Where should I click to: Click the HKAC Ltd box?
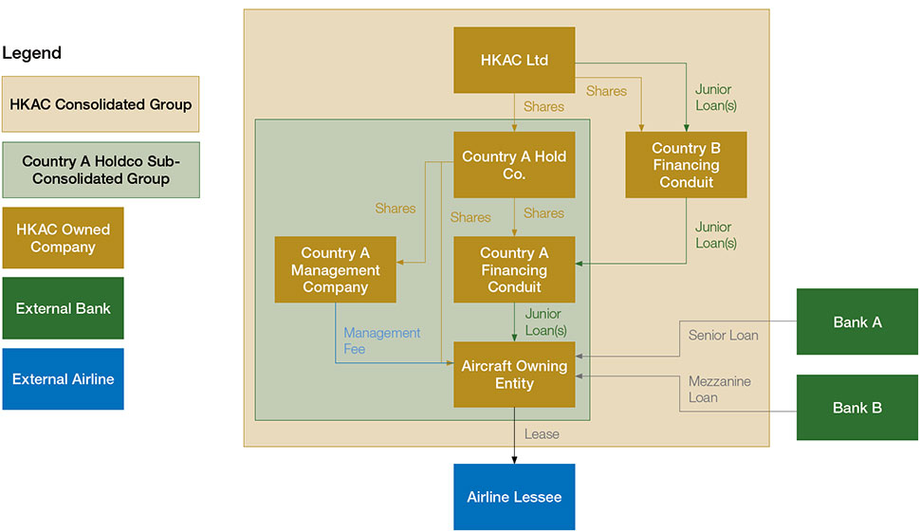(514, 60)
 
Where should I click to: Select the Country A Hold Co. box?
(514, 165)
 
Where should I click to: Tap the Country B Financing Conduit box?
(686, 165)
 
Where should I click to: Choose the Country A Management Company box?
(335, 269)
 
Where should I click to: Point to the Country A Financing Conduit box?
(514, 269)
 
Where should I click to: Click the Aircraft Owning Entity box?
(514, 375)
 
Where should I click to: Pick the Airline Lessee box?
(514, 497)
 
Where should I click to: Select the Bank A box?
(857, 322)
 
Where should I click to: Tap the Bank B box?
(857, 408)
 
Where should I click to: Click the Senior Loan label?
(723, 335)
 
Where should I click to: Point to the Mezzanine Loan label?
(719, 389)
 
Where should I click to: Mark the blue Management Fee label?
(381, 340)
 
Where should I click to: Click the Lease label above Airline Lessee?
(542, 434)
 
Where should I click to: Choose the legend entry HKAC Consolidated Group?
(101, 104)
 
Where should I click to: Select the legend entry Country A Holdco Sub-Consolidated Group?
(101, 170)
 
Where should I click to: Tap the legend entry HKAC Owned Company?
(63, 238)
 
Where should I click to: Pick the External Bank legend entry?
(63, 308)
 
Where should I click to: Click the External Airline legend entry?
(63, 379)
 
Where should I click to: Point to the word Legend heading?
(32, 53)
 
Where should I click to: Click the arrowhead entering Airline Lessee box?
(514, 460)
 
